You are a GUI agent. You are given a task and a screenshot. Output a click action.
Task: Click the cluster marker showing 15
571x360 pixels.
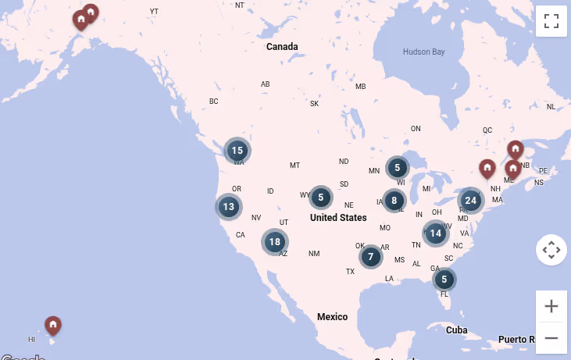coord(237,151)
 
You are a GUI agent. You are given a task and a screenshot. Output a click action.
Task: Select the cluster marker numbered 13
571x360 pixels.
coord(229,207)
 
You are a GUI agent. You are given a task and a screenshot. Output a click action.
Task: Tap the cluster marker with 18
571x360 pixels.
coord(274,242)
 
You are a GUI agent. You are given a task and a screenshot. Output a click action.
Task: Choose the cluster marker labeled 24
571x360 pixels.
coord(470,200)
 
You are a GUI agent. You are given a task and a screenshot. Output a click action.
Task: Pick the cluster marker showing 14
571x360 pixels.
coord(436,233)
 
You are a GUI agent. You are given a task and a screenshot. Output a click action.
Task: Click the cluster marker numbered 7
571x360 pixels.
coord(371,256)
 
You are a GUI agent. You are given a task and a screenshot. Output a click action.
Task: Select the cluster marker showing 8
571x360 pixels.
coord(394,201)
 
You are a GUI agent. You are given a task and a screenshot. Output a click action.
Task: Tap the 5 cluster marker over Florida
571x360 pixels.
coord(444,279)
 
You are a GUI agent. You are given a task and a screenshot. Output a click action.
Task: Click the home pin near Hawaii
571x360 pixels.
coord(52,325)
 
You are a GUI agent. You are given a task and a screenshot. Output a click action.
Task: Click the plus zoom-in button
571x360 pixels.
coord(551,306)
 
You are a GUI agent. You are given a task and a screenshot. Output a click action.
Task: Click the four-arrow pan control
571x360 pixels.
coord(551,250)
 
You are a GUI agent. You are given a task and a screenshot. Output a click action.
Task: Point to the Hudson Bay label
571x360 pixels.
coord(423,52)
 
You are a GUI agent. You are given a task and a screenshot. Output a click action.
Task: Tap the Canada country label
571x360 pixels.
coord(282,47)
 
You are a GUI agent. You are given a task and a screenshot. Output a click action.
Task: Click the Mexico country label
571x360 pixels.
coord(332,316)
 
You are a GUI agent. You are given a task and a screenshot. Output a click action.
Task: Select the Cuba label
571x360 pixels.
coord(456,330)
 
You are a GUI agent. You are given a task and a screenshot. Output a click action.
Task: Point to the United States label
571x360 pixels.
coord(338,218)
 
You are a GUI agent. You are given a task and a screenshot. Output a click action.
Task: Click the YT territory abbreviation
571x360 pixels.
coord(154,12)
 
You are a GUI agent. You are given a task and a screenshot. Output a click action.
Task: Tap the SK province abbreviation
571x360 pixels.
coord(314,104)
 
